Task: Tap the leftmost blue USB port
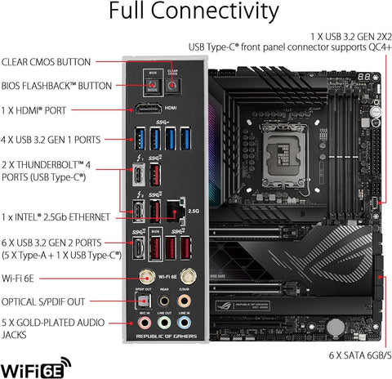[139, 135]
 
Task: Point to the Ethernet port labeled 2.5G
[173, 211]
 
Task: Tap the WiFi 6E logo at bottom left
[37, 360]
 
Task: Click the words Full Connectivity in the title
[196, 14]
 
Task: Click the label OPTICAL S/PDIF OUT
[53, 301]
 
